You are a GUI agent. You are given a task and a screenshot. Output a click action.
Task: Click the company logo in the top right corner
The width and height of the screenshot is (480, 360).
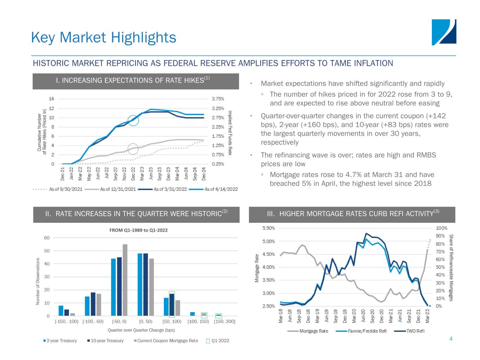444,32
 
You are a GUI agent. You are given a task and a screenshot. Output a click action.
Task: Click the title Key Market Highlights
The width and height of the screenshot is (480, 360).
103,37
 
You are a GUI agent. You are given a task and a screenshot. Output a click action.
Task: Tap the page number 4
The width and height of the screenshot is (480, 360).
451,339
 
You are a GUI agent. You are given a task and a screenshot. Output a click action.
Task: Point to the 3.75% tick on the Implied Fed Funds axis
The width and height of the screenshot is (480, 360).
218,99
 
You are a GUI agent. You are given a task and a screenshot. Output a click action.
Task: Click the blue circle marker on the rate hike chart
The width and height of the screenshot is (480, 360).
133,121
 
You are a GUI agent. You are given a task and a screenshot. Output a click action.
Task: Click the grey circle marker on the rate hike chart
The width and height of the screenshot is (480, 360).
133,149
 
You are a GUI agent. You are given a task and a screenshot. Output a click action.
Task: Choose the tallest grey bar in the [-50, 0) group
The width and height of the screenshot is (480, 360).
125,280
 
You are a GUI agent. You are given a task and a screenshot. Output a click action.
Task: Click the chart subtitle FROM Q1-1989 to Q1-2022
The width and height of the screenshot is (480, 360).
138,230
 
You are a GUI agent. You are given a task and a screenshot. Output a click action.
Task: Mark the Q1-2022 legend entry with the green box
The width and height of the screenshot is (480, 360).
218,341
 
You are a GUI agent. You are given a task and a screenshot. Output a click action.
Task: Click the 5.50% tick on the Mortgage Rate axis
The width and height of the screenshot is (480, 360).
269,228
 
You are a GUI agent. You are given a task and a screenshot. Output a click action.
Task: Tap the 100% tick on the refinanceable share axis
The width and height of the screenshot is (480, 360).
442,228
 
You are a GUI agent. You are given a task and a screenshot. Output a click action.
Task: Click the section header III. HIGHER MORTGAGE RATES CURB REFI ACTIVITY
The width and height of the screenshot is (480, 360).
352,214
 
